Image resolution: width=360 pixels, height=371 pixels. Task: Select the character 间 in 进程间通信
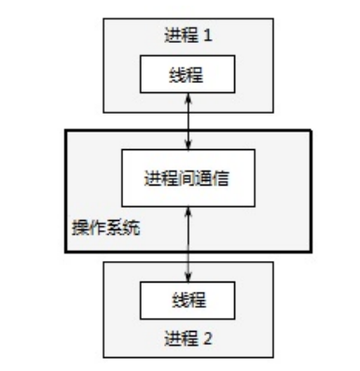(x=187, y=178)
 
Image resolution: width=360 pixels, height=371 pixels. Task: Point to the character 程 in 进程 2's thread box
(x=197, y=300)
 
